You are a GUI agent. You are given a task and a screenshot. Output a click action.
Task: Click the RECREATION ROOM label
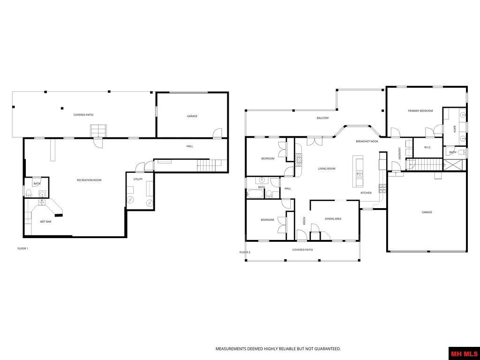pos(89,180)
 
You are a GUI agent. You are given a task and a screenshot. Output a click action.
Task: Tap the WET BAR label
pos(45,222)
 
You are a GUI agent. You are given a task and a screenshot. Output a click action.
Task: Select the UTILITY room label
pos(138,179)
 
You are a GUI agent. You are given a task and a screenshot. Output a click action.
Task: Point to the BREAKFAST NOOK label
pos(367,141)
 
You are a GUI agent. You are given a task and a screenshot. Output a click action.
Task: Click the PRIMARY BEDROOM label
pos(420,111)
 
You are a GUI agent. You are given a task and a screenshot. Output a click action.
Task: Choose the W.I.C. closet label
pos(427,147)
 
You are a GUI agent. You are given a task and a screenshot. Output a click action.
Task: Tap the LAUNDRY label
pos(399,154)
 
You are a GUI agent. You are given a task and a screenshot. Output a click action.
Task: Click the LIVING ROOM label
pos(327,169)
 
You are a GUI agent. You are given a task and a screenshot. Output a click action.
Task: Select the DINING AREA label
pos(333,219)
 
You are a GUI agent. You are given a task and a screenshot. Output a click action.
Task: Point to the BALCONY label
pos(322,118)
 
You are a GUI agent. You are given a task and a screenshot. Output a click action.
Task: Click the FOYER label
pos(304,221)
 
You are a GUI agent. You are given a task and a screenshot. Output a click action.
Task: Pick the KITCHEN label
pos(366,193)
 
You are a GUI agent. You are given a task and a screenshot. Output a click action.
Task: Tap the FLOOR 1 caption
pos(22,248)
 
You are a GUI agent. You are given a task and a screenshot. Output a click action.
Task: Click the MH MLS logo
pos(464,353)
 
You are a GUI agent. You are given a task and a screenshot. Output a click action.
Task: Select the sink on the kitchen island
pos(360,174)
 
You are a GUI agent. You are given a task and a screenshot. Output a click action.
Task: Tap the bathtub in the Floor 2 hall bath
pos(256,194)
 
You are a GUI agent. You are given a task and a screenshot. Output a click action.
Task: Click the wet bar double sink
pos(41,202)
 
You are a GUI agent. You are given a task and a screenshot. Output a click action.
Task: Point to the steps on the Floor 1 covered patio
pos(98,131)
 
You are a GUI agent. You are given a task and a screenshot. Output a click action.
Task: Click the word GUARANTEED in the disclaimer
pos(325,349)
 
